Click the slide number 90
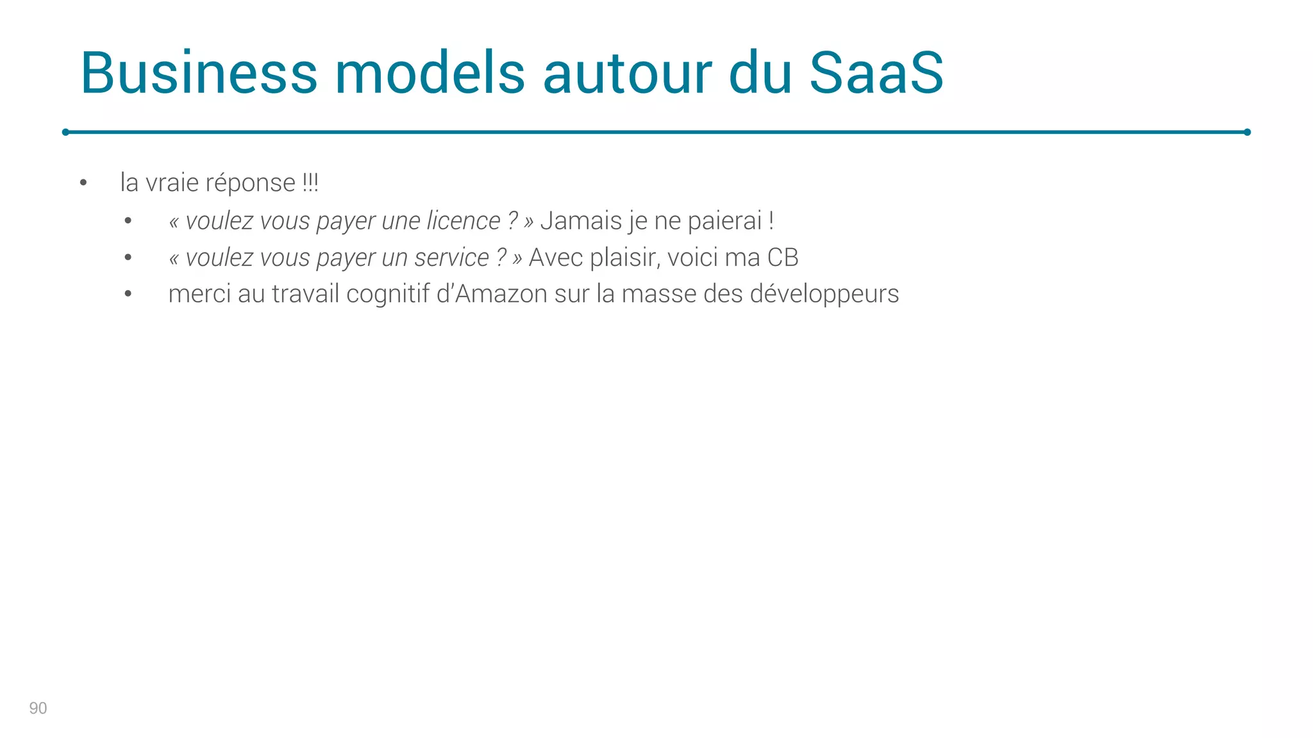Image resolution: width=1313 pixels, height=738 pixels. [x=38, y=708]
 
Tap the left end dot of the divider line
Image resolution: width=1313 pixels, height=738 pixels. [x=65, y=132]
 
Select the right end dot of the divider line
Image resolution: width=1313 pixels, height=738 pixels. [x=1247, y=132]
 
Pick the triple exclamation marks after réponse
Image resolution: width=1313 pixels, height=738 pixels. [x=310, y=183]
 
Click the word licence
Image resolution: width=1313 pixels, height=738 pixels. [x=463, y=221]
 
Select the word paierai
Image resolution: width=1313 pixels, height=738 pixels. [x=724, y=221]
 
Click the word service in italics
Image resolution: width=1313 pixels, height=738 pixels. [x=451, y=258]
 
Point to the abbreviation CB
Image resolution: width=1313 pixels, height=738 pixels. [x=783, y=258]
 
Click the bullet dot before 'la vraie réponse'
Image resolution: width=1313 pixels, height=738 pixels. [x=83, y=183]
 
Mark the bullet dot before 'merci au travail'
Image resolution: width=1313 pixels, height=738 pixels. [x=128, y=294]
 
